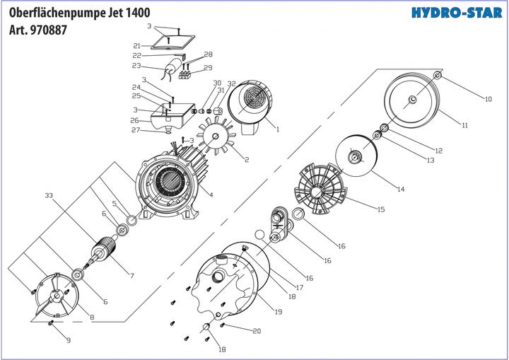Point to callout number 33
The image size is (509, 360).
tap(49, 194)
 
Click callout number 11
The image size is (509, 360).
tap(464, 125)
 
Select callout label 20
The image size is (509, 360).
tap(256, 331)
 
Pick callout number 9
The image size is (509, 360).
tap(69, 341)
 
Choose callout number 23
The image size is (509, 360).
tap(136, 66)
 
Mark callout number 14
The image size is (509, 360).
tap(400, 189)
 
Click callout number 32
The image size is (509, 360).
tap(231, 84)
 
